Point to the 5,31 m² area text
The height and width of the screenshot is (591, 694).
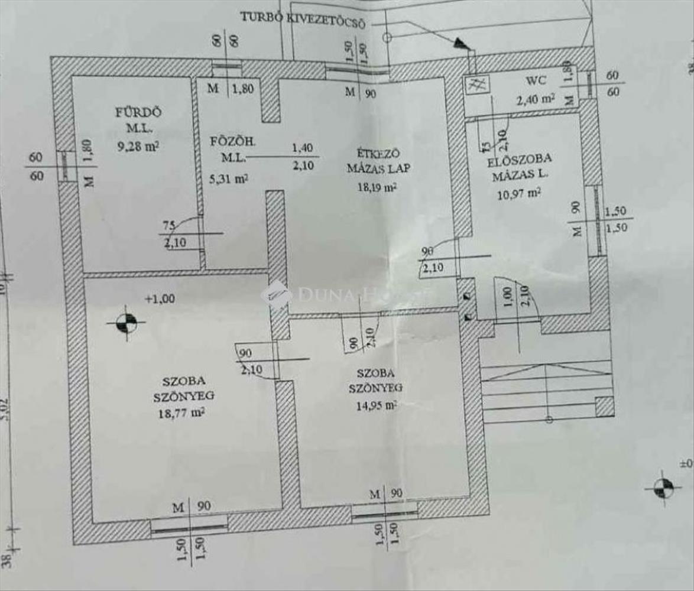pos(229,178)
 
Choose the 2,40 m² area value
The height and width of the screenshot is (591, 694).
pos(535,99)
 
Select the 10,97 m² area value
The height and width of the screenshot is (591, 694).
pos(518,192)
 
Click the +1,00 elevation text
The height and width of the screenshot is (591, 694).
pos(160,299)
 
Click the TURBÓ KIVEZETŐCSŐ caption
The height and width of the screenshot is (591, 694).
pos(303,18)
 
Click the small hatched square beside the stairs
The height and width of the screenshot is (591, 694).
pos(604,407)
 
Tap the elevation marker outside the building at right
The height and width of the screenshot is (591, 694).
pos(663,489)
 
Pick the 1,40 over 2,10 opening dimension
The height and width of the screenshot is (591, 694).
pos(302,157)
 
